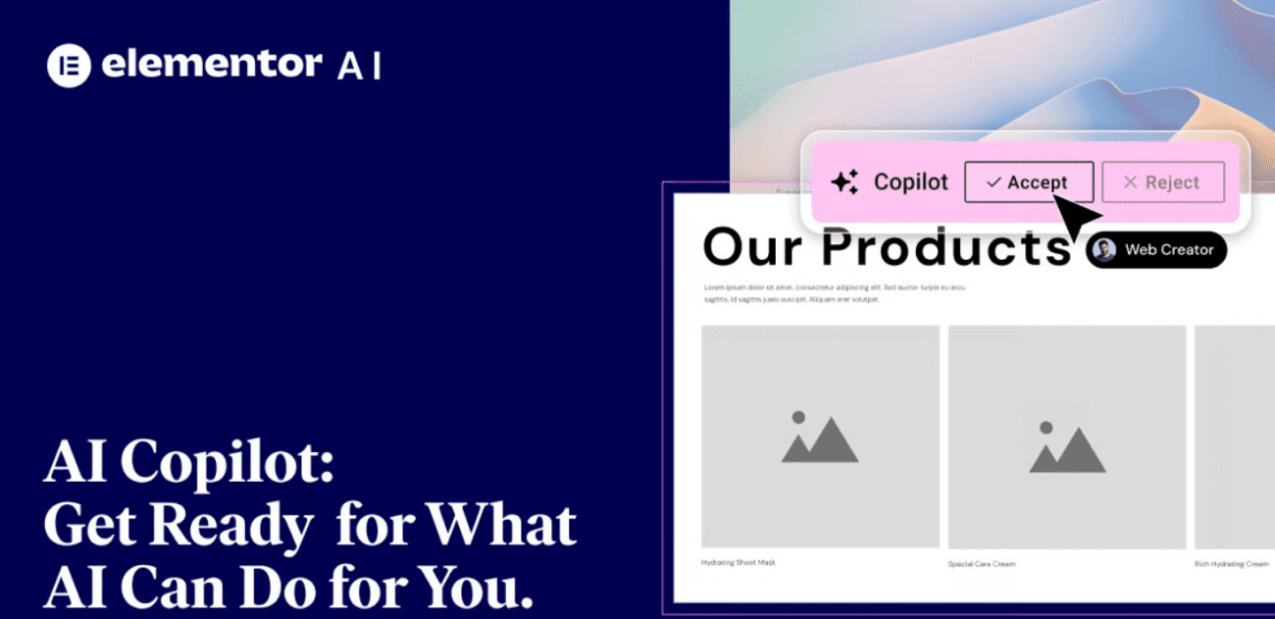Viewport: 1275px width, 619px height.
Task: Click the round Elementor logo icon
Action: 69,66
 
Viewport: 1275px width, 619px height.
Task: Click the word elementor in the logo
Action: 211,65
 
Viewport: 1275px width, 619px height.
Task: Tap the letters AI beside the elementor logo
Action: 359,66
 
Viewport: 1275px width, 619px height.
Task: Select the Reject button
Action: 1163,182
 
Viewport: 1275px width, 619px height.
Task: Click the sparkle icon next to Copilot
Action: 844,182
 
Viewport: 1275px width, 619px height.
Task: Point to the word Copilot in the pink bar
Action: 911,182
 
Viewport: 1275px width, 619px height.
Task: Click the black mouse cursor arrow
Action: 1077,216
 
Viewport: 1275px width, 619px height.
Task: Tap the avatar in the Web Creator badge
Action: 1105,250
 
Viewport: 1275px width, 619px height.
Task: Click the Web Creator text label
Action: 1168,250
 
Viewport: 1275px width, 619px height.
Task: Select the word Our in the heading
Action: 755,248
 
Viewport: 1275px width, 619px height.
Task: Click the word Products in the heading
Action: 945,248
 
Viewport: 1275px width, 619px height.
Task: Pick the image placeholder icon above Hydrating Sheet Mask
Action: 820,438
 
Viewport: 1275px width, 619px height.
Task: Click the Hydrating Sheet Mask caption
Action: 739,562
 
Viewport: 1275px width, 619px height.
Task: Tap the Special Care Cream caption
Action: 981,564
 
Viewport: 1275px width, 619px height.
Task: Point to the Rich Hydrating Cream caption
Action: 1231,564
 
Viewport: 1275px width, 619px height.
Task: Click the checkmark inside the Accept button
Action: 994,182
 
